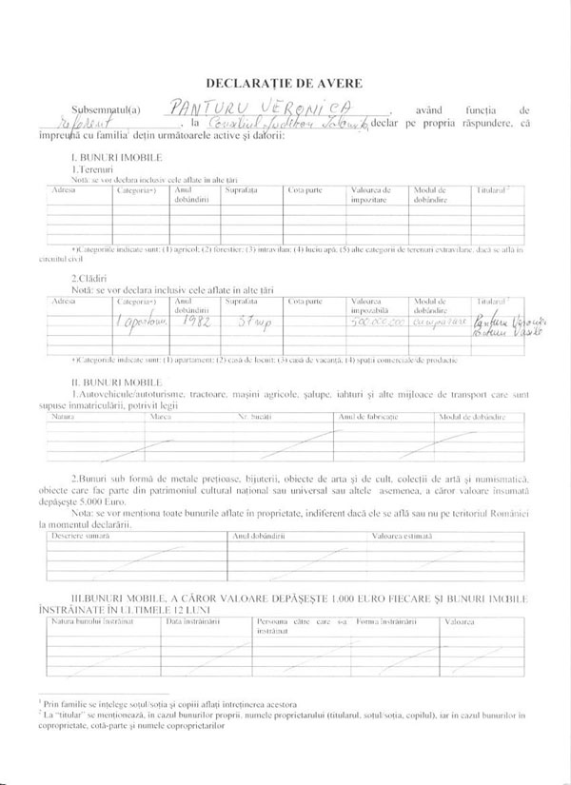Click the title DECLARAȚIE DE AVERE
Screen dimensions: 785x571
point(286,83)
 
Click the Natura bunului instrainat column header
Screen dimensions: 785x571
point(91,620)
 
